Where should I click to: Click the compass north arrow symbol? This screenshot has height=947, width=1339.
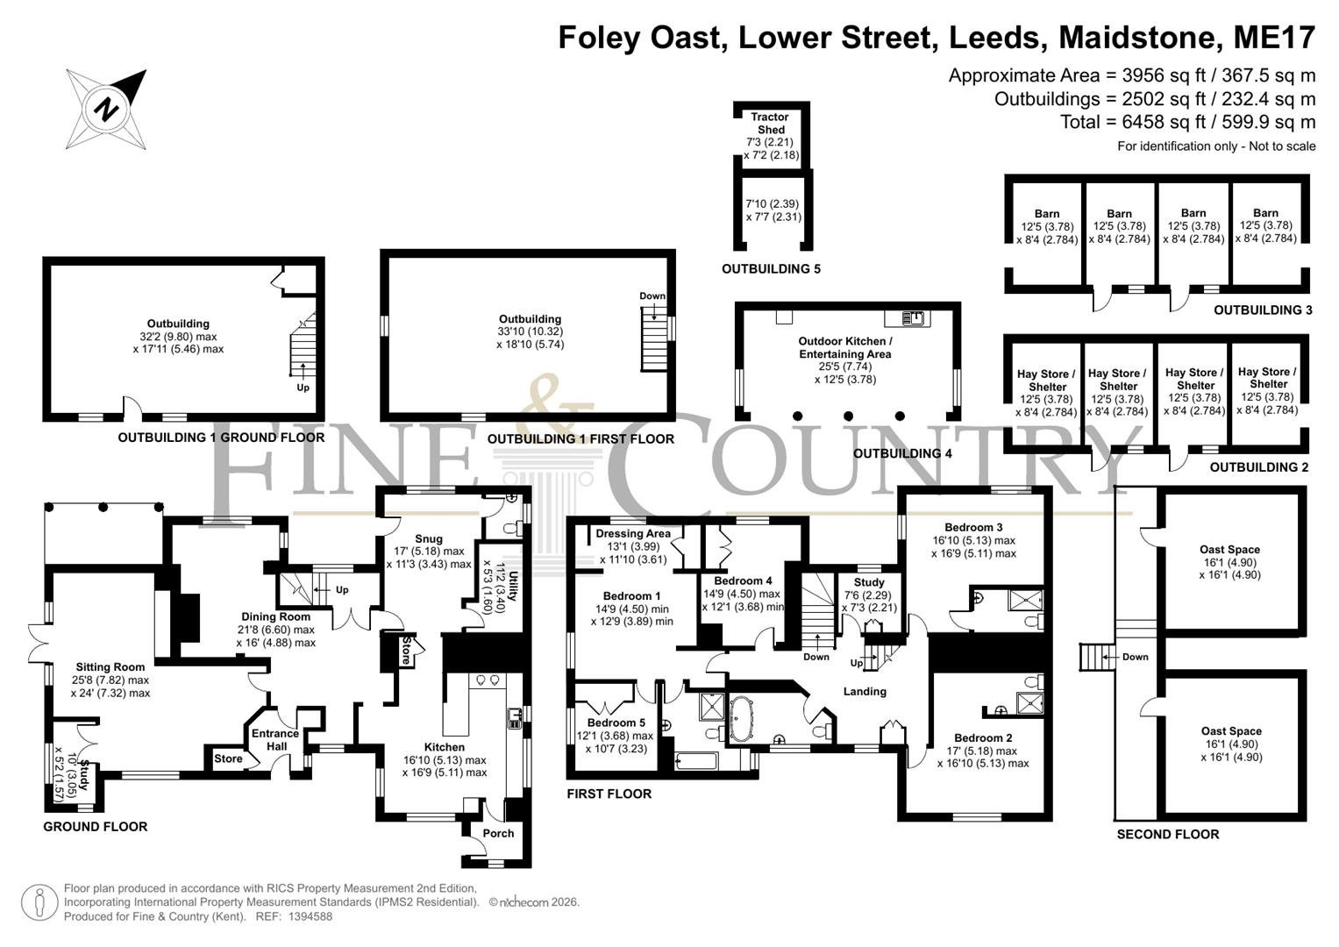point(106,110)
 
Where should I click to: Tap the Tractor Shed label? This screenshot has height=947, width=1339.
point(770,123)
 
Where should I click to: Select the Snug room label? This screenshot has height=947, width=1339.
point(429,538)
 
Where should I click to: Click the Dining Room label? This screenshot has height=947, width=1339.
point(275,616)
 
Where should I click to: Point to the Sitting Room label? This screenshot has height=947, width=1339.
point(110,666)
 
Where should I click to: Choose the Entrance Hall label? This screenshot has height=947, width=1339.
point(275,739)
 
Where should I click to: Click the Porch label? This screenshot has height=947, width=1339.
point(498,833)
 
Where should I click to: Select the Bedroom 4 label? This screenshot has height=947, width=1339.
point(743,580)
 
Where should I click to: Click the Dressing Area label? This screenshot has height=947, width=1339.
point(633,533)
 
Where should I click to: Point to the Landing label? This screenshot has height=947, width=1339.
point(865,691)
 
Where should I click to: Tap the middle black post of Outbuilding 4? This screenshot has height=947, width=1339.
point(848,416)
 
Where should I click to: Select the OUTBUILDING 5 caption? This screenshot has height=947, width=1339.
point(771,269)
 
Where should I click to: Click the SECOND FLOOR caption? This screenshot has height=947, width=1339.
point(1167,834)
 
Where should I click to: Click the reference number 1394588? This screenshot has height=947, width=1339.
point(310,916)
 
